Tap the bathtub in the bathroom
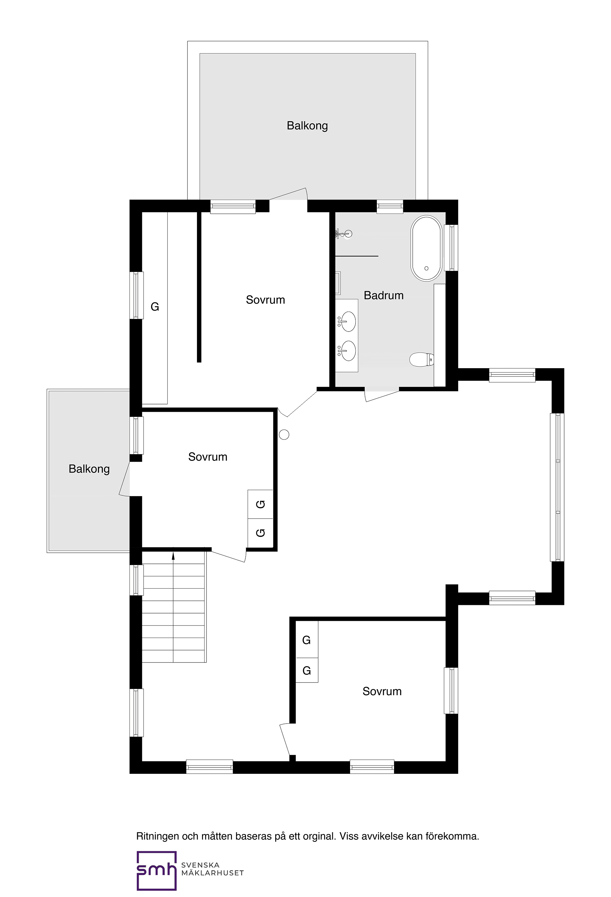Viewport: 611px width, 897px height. pyautogui.click(x=426, y=248)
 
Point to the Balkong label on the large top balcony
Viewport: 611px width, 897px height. pyautogui.click(x=307, y=126)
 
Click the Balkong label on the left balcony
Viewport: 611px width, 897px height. pyautogui.click(x=89, y=469)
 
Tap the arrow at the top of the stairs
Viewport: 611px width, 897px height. pyautogui.click(x=173, y=556)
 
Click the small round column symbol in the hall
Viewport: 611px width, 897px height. pyautogui.click(x=284, y=435)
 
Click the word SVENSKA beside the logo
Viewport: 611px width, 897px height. pyautogui.click(x=200, y=865)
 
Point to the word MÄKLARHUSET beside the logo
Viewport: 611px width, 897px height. pyautogui.click(x=212, y=873)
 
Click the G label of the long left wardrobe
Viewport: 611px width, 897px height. pyautogui.click(x=155, y=307)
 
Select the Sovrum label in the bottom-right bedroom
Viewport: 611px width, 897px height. pyautogui.click(x=382, y=691)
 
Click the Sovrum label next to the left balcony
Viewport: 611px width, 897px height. pyautogui.click(x=208, y=457)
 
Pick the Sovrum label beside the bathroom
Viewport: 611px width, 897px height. pyautogui.click(x=265, y=300)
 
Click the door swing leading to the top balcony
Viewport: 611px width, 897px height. pyautogui.click(x=289, y=194)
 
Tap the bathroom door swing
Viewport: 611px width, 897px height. pyautogui.click(x=381, y=396)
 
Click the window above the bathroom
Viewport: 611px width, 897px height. pyautogui.click(x=390, y=207)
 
